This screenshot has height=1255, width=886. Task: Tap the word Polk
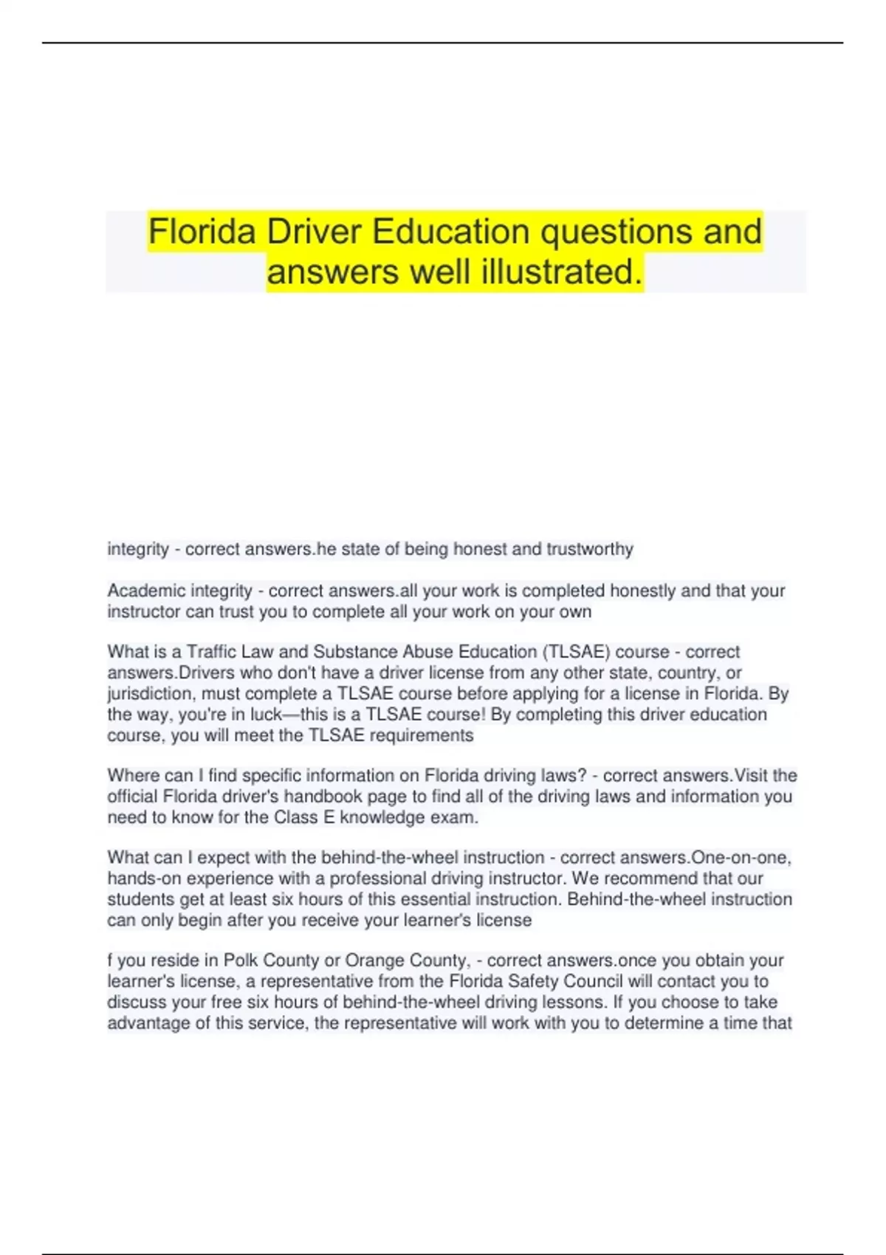point(241,960)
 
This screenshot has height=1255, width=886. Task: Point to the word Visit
point(755,776)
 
